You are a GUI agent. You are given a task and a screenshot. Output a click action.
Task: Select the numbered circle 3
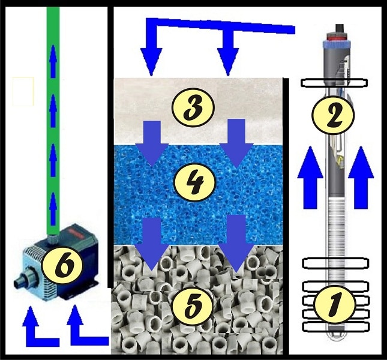coord(193,107)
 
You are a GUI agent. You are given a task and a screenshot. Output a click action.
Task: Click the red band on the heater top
coord(337,38)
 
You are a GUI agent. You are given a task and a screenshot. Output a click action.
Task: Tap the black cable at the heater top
coord(339,29)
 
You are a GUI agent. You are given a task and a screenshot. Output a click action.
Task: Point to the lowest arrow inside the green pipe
coord(53,209)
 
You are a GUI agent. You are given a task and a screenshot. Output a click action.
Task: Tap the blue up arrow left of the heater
coord(310,177)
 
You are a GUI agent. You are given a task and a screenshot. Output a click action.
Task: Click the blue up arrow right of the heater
coord(361,177)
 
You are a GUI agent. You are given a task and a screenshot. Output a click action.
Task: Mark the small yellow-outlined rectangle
coord(23,91)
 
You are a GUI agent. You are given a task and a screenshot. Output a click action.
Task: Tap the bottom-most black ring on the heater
coord(336,327)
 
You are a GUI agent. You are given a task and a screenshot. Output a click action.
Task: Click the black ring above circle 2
coord(334,83)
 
